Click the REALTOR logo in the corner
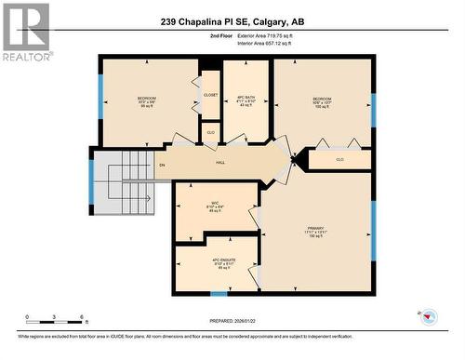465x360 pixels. [x=25, y=32]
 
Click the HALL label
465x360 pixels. [x=220, y=163]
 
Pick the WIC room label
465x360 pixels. [x=214, y=207]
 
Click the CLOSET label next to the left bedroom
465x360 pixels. [x=210, y=94]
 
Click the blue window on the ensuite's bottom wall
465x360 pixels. [x=219, y=293]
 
